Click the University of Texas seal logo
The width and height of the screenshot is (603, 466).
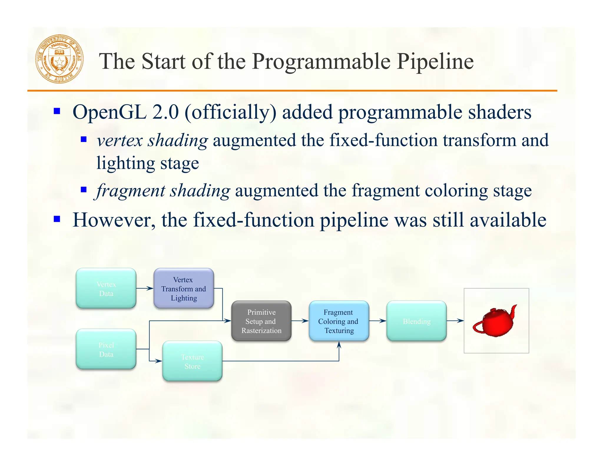(x=59, y=59)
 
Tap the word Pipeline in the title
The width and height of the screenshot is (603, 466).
(x=435, y=62)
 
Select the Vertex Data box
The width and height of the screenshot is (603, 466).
(x=106, y=288)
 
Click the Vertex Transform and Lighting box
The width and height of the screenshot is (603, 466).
(x=184, y=288)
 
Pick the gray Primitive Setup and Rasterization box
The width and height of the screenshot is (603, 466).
(x=261, y=321)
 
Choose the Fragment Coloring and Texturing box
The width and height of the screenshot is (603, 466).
(x=339, y=321)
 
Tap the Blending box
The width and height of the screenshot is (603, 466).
(x=416, y=321)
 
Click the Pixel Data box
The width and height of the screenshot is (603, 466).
(x=106, y=349)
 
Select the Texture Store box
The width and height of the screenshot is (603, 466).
(x=192, y=361)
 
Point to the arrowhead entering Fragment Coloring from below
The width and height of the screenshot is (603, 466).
(x=339, y=345)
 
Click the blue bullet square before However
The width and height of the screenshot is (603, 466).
(x=57, y=219)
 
